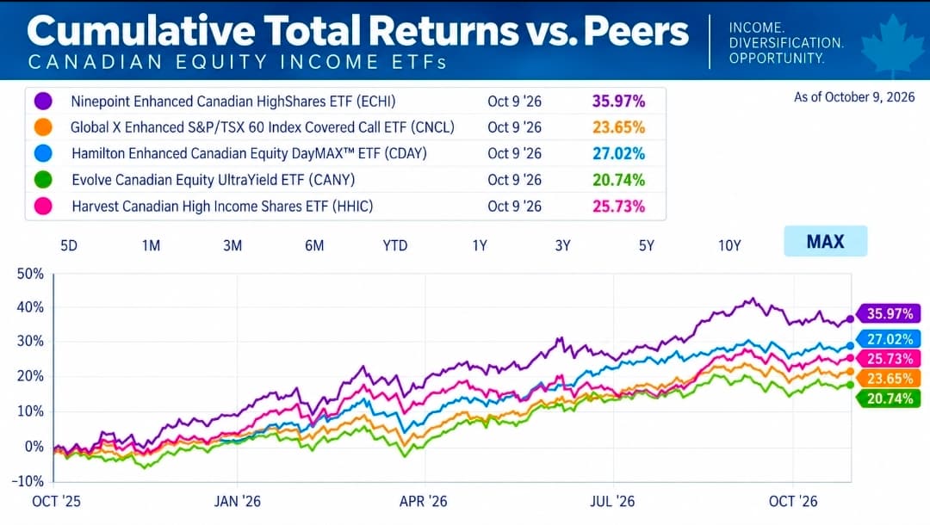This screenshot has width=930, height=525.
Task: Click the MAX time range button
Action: point(825,241)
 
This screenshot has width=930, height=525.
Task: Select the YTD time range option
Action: point(395,245)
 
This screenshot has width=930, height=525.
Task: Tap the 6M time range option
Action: point(314,245)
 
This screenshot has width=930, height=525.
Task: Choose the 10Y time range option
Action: point(729,245)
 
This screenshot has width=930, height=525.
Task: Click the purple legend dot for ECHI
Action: point(43,101)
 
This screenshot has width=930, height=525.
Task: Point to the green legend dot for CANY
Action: point(43,180)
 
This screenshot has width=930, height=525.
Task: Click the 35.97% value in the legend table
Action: point(618,102)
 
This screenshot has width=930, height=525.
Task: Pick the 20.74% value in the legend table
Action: point(618,180)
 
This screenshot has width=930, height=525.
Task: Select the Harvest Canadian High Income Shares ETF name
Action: point(222,207)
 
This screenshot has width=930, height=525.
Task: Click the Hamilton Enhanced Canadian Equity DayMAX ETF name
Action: point(249,153)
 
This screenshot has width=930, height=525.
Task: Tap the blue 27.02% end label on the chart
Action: point(889,339)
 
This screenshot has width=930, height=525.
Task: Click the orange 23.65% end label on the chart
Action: point(889,378)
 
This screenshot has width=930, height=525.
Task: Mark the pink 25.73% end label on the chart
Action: point(889,359)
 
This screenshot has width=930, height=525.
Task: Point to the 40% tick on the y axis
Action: point(30,307)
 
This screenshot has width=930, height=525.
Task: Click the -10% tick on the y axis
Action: point(28,480)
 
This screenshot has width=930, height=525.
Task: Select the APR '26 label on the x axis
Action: point(423,501)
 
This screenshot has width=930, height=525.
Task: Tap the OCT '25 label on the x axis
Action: point(56,501)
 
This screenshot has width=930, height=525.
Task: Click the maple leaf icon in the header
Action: point(892,45)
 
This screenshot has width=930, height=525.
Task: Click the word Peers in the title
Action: point(635,31)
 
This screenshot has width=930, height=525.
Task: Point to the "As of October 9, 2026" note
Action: point(854,97)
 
